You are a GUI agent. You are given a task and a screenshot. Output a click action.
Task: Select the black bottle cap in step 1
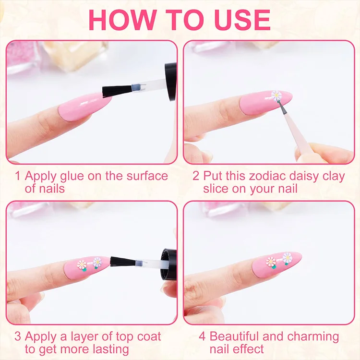click(170, 82)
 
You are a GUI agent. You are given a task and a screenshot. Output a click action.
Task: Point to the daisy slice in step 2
click(276, 96)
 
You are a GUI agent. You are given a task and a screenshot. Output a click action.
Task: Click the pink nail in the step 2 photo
click(266, 102)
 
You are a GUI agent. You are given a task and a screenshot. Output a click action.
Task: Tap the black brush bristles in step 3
click(122, 262)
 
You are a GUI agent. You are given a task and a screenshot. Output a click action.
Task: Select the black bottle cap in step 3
click(169, 264)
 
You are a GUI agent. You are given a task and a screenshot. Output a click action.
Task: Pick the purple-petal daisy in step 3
click(97, 263)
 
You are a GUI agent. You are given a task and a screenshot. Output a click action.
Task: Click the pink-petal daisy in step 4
click(271, 262)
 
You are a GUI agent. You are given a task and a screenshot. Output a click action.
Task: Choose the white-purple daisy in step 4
click(287, 258)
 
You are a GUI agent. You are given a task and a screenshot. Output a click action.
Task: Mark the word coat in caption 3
click(149, 336)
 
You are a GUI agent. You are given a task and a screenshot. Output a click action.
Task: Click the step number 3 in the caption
click(18, 336)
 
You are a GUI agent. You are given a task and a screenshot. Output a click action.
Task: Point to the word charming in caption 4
click(313, 337)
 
